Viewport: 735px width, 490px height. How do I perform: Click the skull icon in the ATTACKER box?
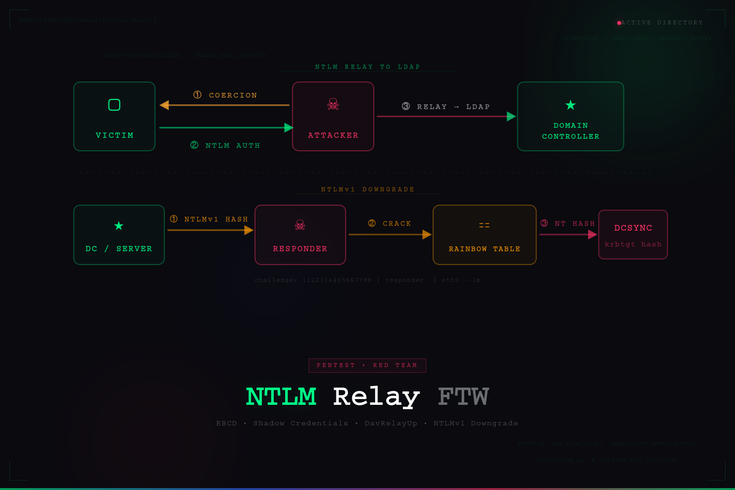333,104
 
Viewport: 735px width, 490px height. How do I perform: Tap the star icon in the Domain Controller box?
570,105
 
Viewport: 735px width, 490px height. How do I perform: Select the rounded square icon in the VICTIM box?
114,105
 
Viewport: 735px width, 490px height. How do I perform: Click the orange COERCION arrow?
224,105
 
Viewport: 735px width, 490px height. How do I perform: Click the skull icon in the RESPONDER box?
300,225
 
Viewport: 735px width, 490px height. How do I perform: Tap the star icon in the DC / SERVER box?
119,225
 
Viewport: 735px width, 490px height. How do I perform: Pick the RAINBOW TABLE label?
484,249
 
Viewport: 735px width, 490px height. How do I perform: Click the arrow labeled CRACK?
390,234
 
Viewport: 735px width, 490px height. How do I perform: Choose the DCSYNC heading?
633,228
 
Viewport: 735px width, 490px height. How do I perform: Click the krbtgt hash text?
633,245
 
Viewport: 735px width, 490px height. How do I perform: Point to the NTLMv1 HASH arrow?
210,230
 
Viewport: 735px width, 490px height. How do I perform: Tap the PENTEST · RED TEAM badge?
367,366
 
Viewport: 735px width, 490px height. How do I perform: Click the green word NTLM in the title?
281,397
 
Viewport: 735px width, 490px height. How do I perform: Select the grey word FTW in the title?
463,397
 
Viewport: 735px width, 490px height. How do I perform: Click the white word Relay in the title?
376,397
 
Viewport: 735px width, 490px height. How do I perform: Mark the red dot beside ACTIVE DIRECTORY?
619,23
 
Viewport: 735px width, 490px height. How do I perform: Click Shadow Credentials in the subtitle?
301,423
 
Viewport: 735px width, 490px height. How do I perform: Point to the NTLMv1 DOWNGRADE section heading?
367,189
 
